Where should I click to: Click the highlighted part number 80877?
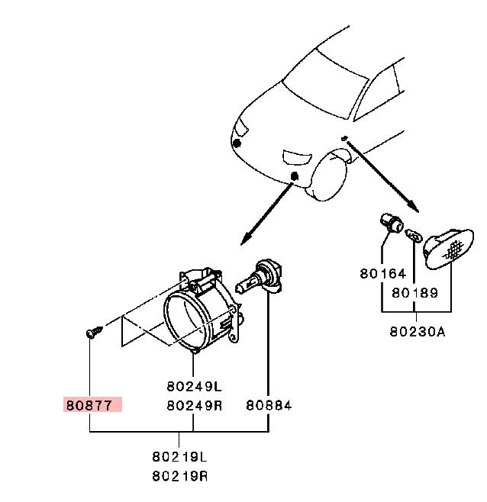(89, 406)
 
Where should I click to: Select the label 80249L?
(194, 387)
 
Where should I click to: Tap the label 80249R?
(194, 406)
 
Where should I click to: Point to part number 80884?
(269, 406)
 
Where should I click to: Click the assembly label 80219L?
(179, 457)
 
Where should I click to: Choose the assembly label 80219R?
(179, 476)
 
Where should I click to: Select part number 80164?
(383, 274)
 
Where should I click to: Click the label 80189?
(414, 293)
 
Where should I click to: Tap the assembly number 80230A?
(418, 332)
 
